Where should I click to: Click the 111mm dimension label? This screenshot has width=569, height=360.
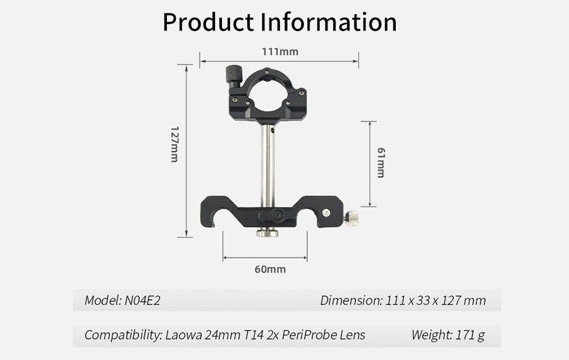(x=280, y=52)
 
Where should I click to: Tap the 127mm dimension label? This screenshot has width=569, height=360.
(x=174, y=144)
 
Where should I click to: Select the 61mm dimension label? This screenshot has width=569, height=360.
(x=381, y=163)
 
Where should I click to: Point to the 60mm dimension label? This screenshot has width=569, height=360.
(x=270, y=269)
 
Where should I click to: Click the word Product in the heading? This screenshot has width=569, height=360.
(x=208, y=22)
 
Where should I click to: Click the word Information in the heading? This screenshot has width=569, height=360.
(x=329, y=22)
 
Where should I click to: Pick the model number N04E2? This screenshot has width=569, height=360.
(x=142, y=301)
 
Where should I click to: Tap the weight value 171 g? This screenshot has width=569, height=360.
(x=470, y=335)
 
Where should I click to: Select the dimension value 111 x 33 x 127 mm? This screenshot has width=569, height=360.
(x=436, y=301)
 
